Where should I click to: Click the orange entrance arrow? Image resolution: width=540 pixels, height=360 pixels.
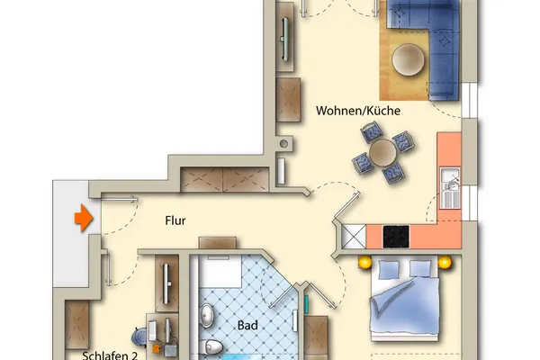coord(84,218)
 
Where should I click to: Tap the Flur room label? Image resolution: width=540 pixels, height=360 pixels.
coord(175,220)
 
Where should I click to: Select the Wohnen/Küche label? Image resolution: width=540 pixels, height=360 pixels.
coord(358,111)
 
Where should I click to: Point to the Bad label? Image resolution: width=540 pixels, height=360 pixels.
coord(247,325)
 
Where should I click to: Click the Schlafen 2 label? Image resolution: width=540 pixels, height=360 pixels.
coord(110,355)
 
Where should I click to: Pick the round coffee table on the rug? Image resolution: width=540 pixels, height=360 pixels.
coord(408,59)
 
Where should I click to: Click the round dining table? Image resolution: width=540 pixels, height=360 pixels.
coord(383,152)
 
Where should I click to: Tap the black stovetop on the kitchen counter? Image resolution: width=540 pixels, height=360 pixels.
coord(396,237)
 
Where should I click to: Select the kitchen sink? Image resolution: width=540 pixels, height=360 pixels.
coord(450,188)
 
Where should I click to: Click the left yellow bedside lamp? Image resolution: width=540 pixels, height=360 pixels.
coord(364,263)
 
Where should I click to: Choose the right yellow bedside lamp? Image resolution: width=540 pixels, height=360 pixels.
coord(445,263)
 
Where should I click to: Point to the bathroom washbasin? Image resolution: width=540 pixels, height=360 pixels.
coord(207,315)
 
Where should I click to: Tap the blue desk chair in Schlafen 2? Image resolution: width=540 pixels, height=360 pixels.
coord(139,337)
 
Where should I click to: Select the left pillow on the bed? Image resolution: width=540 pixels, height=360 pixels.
coord(389,270)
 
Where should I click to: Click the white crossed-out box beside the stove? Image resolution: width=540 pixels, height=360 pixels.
coord(354,237)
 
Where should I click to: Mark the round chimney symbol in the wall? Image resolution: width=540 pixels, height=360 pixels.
coord(283,144)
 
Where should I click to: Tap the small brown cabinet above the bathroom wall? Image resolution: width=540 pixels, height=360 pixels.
coord(218,242)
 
